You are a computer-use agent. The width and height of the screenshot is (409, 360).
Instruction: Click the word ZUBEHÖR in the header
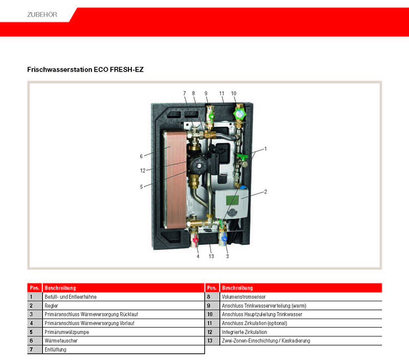42,15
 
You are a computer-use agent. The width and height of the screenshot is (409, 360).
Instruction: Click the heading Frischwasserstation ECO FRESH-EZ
85,70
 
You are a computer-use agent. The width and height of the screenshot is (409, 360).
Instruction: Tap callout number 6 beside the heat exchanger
141,156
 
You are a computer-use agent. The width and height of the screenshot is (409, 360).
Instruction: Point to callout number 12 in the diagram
143,171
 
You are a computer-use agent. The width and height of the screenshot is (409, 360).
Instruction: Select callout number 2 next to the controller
265,192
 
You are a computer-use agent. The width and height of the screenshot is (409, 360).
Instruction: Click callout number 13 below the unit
211,256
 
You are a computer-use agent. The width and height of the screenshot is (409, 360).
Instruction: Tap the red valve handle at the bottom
195,239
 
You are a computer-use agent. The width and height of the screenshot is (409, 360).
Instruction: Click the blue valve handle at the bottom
224,238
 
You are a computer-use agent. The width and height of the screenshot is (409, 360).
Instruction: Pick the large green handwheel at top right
239,114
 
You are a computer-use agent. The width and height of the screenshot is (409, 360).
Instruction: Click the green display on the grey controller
232,200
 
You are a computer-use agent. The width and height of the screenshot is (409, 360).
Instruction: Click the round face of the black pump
197,164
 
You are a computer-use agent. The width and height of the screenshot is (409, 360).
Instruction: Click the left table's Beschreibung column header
60,288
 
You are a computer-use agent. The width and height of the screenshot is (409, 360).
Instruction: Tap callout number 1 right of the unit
265,149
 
